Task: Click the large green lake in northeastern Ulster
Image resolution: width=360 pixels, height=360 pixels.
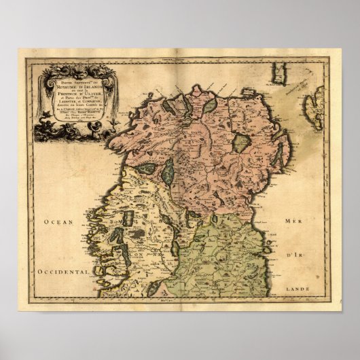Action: pos(240,143)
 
